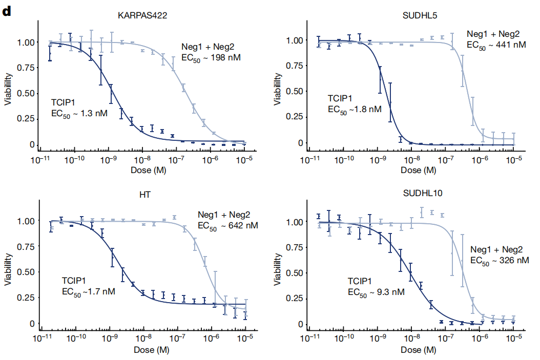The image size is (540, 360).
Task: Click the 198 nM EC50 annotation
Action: (211, 57)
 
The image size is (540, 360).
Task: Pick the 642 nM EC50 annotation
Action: (228, 225)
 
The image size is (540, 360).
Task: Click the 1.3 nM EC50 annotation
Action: (79, 113)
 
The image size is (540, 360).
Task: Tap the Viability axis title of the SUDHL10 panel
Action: (278, 271)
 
